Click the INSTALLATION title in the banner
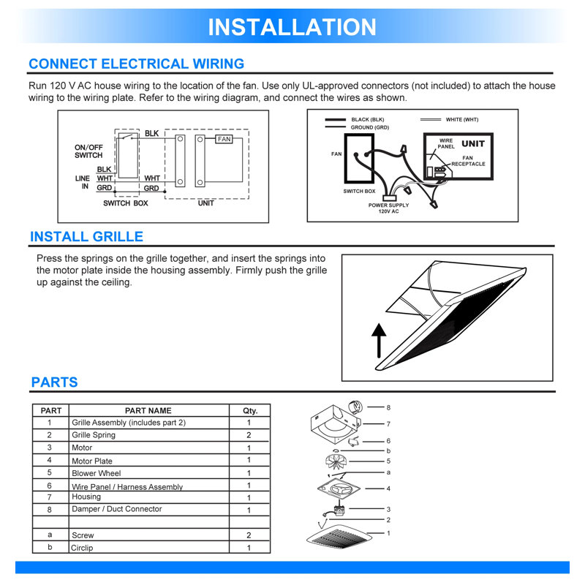(x=292, y=27)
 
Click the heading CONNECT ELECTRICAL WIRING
(x=137, y=64)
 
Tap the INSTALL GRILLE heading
(x=86, y=236)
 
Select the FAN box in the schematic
(x=224, y=139)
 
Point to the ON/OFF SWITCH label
(x=88, y=151)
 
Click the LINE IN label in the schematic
(x=83, y=182)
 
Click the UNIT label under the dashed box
(x=206, y=203)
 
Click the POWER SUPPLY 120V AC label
(x=388, y=208)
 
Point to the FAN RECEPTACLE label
(x=468, y=161)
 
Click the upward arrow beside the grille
(x=379, y=341)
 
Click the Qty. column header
(x=249, y=410)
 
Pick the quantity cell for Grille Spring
(x=249, y=435)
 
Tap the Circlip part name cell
(x=149, y=547)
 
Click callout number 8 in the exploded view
(x=388, y=407)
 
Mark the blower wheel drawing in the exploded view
(x=336, y=461)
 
